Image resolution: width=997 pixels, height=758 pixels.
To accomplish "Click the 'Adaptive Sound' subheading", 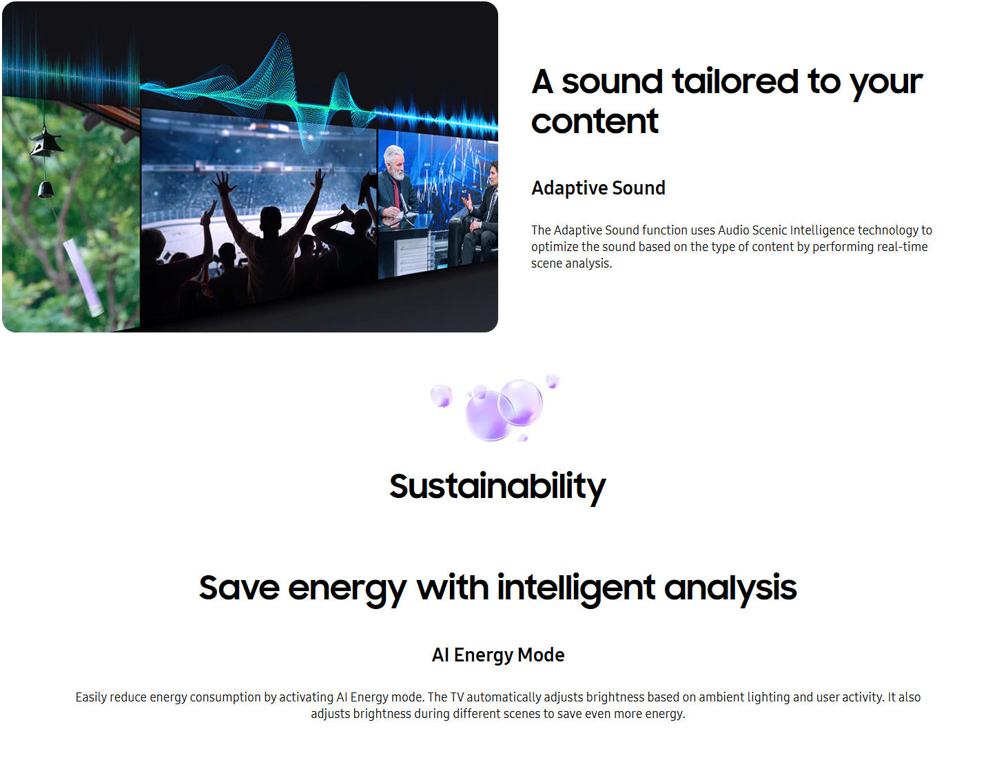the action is click(x=598, y=188).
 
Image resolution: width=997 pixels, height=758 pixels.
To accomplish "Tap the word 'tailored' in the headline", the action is click(x=735, y=81).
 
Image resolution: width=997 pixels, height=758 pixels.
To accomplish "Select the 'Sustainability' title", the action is click(x=498, y=487).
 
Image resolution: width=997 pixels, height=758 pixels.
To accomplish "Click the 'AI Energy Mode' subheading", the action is click(x=498, y=655).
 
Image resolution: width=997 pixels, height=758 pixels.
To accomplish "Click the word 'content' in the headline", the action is click(x=595, y=121).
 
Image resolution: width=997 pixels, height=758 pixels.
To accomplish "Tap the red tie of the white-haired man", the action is click(x=397, y=195).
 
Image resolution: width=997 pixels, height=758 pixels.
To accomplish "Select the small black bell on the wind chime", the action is click(x=45, y=189).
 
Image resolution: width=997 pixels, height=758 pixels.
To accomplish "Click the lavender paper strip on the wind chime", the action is click(x=83, y=277).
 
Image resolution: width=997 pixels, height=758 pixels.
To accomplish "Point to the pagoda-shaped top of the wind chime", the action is click(x=45, y=143).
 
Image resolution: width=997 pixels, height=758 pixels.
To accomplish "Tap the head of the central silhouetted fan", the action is click(x=271, y=219).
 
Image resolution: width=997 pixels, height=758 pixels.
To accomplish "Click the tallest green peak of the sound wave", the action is click(x=282, y=41).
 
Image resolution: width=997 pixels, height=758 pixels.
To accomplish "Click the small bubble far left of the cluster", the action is click(x=441, y=395).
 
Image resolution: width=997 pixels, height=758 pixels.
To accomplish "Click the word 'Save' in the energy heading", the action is click(x=239, y=588).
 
